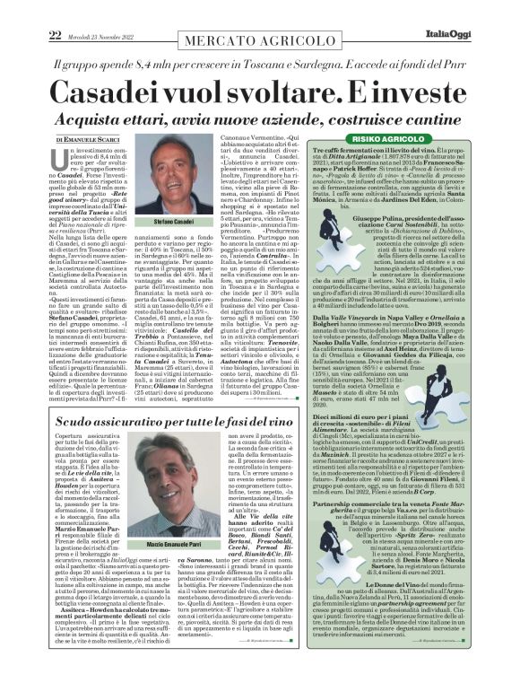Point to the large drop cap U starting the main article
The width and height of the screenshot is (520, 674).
pyautogui.click(x=64, y=162)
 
